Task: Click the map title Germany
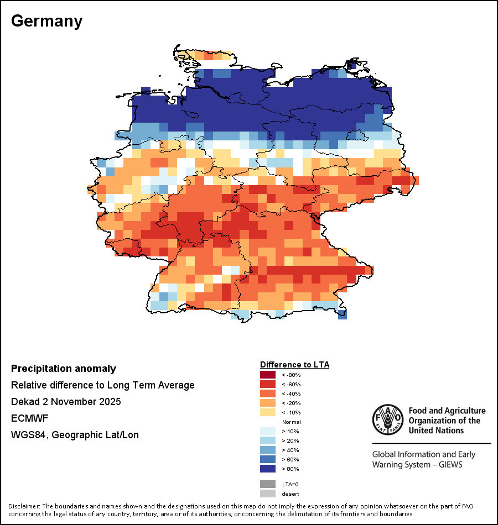[46, 22]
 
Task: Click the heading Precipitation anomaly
[64, 369]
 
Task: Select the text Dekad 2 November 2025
[66, 401]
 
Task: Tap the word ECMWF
[29, 418]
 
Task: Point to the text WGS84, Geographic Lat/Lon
[75, 435]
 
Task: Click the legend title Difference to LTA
[294, 365]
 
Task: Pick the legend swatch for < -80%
[268, 375]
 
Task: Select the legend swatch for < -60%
[268, 384]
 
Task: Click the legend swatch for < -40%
[268, 393]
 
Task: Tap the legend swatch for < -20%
[268, 403]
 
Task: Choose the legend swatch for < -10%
[268, 412]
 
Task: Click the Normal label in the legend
[292, 422]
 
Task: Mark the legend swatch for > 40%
[268, 450]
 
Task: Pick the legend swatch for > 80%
[268, 469]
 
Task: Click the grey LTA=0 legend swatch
[268, 484]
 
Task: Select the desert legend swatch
[268, 494]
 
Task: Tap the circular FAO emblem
[388, 419]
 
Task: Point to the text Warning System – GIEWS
[417, 465]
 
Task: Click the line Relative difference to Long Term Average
[102, 385]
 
